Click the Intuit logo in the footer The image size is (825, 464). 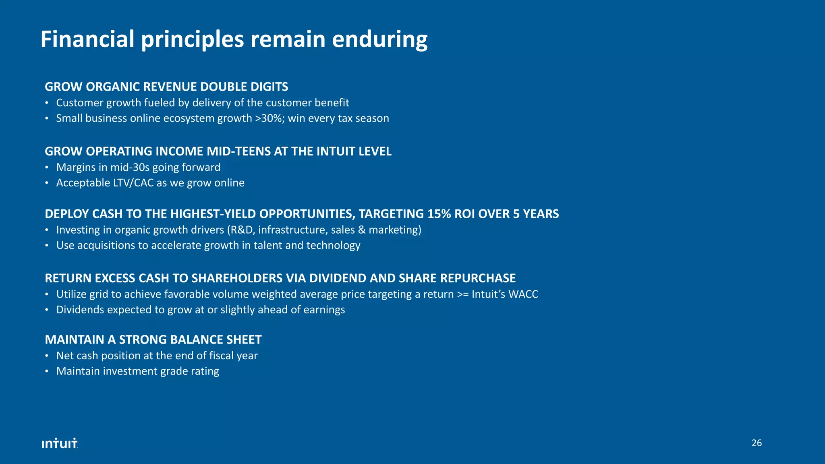click(x=60, y=443)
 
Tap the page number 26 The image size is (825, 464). click(x=757, y=443)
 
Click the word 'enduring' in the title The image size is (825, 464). click(x=379, y=40)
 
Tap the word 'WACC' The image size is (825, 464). click(x=523, y=294)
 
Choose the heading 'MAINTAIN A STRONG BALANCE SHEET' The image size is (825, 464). click(x=153, y=340)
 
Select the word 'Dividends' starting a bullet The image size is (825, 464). click(x=80, y=310)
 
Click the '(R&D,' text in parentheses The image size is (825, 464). click(x=241, y=230)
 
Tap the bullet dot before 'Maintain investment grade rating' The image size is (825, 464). click(x=47, y=371)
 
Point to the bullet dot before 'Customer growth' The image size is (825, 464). click(x=47, y=103)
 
